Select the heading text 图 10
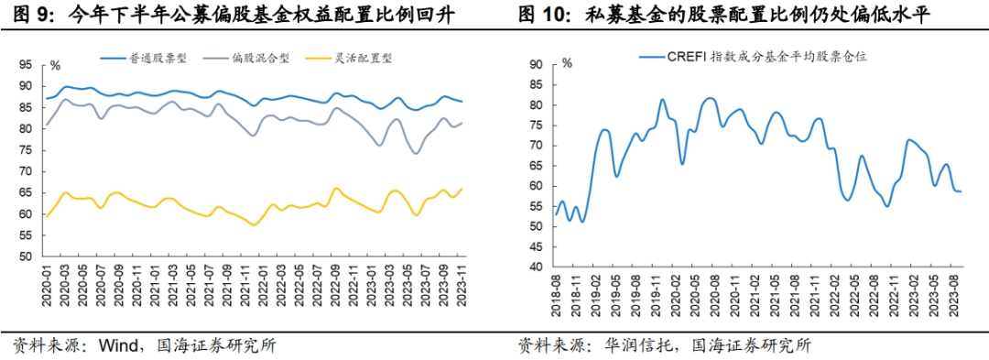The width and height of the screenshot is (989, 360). point(540,16)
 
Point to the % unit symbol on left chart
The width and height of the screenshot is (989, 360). point(55,65)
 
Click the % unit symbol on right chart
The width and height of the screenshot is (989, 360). point(566,64)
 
